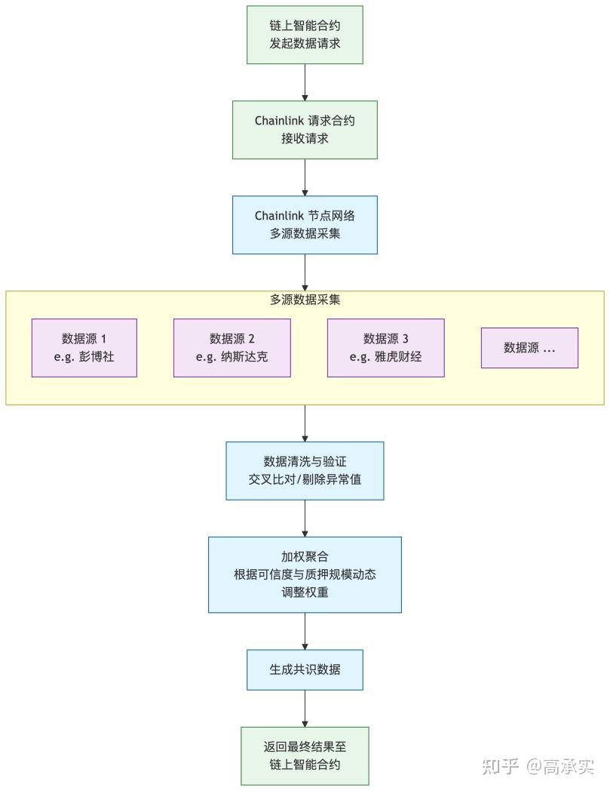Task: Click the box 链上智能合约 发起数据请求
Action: [305, 35]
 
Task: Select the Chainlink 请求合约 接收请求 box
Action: [305, 130]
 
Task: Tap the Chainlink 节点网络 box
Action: [305, 225]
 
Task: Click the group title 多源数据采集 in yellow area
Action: [305, 300]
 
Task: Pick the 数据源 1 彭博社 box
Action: [84, 348]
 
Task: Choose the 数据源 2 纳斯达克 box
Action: [231, 348]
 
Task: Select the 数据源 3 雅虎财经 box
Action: [385, 348]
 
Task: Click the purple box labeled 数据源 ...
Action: [529, 348]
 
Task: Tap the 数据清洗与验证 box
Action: [305, 470]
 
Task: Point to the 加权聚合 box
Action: [305, 574]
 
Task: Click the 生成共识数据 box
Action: [305, 669]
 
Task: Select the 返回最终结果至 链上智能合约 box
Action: [305, 756]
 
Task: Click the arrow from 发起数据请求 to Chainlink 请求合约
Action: [305, 82]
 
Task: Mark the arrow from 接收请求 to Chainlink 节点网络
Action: [305, 177]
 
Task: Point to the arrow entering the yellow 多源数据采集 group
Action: [305, 272]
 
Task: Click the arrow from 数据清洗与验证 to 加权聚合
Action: [305, 519]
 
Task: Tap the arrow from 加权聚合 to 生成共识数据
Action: [305, 631]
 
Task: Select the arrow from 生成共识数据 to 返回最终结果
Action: [305, 708]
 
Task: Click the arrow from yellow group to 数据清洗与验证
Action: [305, 423]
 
